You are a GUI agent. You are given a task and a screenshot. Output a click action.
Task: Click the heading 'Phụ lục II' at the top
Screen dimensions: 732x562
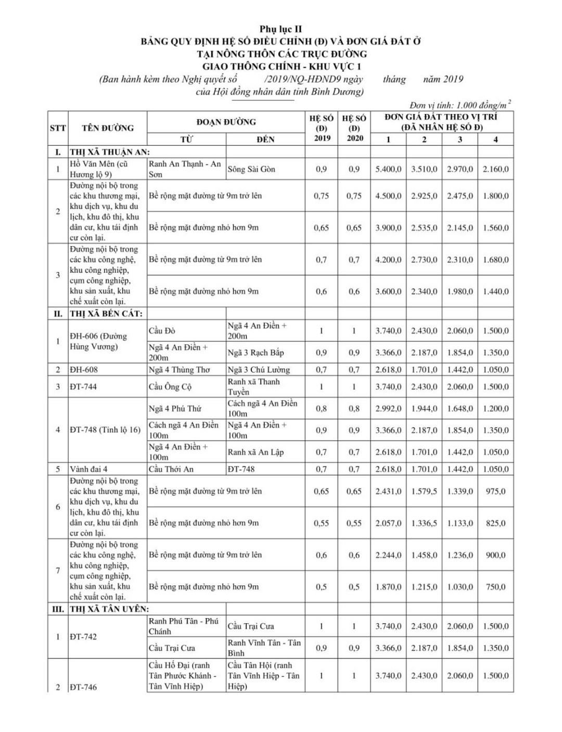click(281, 29)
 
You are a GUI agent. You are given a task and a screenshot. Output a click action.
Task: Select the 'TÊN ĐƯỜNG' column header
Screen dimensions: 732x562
click(108, 128)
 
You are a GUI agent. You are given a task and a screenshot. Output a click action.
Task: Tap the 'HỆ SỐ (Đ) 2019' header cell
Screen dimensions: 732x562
click(322, 128)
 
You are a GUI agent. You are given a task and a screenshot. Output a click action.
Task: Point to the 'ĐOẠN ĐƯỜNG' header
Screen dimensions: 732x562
click(226, 122)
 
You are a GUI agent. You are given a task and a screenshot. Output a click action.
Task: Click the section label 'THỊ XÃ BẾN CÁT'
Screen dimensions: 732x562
click(106, 314)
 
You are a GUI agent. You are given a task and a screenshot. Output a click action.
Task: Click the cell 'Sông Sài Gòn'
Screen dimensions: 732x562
click(252, 169)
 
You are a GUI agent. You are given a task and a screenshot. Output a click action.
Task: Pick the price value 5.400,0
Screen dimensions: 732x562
click(388, 169)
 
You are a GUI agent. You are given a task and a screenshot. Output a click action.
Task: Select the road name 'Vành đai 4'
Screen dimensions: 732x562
click(89, 469)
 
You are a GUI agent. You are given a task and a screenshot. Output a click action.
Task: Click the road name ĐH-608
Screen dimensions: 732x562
click(84, 370)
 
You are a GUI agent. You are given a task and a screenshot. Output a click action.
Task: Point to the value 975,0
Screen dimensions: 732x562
click(495, 491)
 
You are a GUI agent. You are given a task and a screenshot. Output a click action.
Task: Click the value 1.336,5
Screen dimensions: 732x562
click(424, 523)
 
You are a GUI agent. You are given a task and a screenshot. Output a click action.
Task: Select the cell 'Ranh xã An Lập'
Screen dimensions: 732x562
click(256, 452)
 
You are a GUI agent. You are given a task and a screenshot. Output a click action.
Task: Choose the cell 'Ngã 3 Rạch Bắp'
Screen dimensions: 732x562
click(256, 353)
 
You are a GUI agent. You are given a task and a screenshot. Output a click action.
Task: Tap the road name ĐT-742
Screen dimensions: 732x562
click(83, 637)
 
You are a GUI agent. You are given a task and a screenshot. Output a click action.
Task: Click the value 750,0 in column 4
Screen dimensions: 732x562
click(495, 587)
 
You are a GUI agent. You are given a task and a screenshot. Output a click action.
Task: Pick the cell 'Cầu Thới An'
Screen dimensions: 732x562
click(171, 469)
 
